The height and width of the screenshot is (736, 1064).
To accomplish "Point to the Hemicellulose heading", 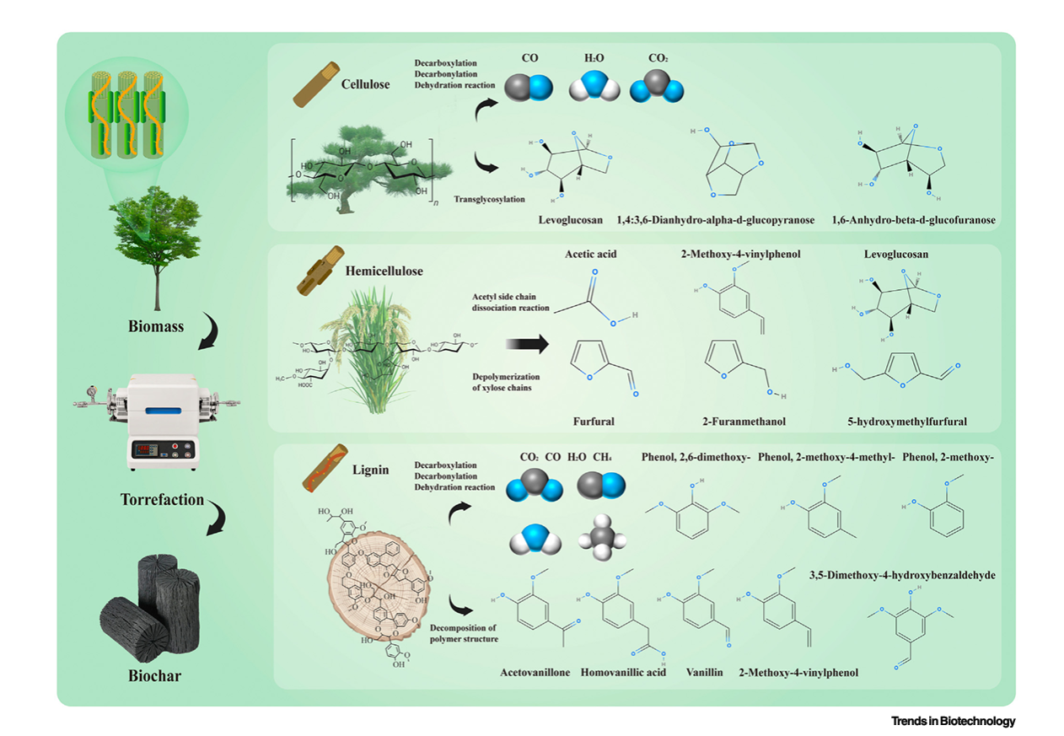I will click(384, 271).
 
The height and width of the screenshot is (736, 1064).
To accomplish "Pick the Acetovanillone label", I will click(535, 672).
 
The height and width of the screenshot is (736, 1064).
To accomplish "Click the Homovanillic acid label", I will click(623, 672).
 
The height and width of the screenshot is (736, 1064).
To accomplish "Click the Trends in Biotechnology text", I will click(953, 721).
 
